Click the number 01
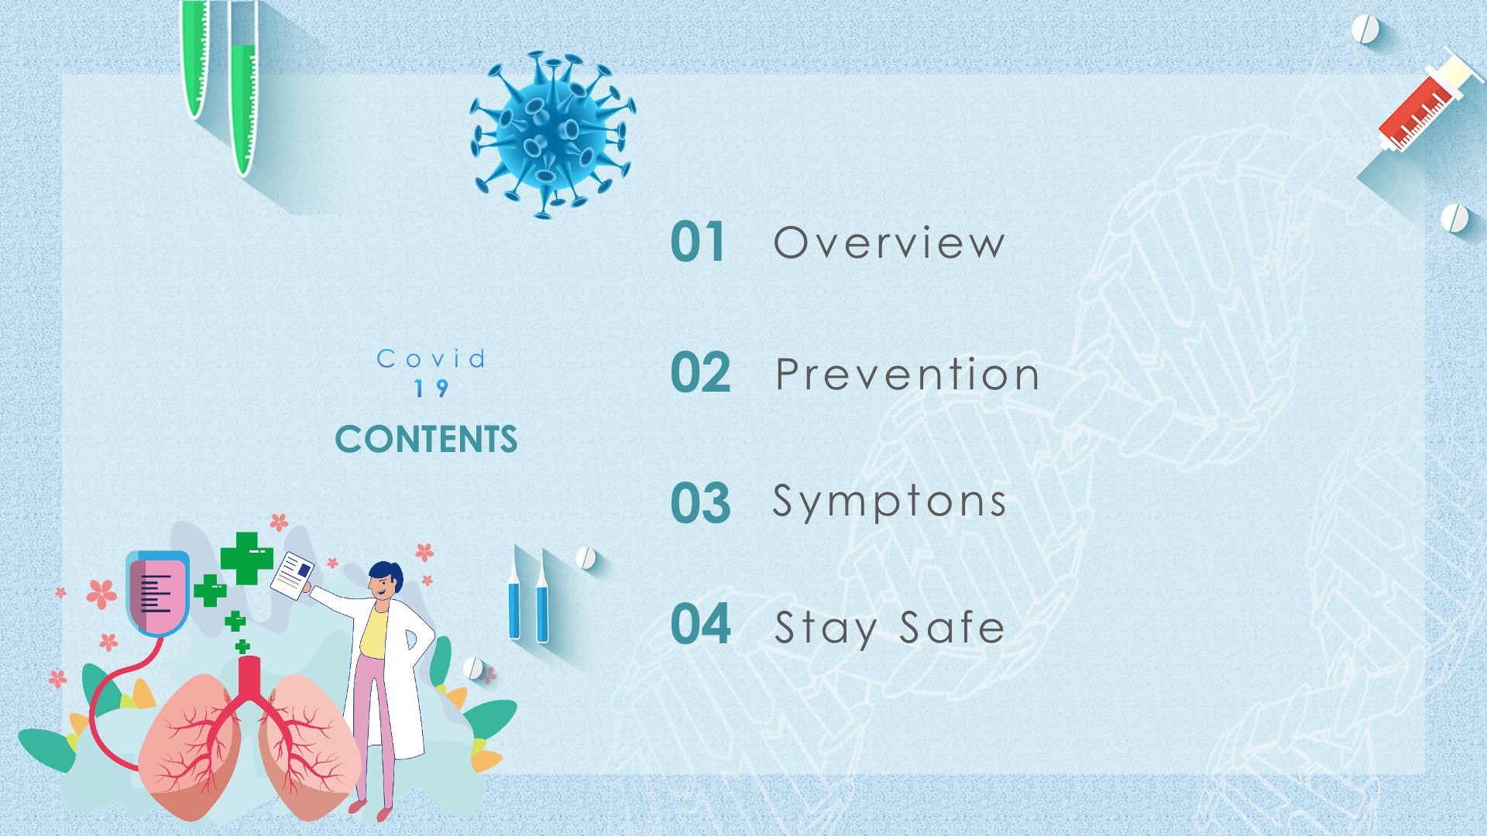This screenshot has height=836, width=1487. pos(698,242)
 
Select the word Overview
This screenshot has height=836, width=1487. pos(890,242)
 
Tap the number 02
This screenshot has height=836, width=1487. pos(700,373)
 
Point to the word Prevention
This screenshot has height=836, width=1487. pos(907,375)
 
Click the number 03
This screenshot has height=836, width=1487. pos(700,503)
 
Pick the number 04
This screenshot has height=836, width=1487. pos(700,624)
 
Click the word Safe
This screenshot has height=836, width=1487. pos(952,626)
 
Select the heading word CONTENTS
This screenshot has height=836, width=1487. pos(426,440)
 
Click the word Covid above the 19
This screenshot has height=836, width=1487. pos(431,358)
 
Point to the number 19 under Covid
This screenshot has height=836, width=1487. pos(431,388)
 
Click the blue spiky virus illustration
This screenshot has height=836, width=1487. pos(552,135)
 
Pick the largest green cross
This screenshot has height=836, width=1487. pos(247,558)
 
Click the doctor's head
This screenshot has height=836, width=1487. pos(385,581)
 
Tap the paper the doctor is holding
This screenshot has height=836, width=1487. pos(292,575)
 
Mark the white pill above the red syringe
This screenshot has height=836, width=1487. pos(1365,30)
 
